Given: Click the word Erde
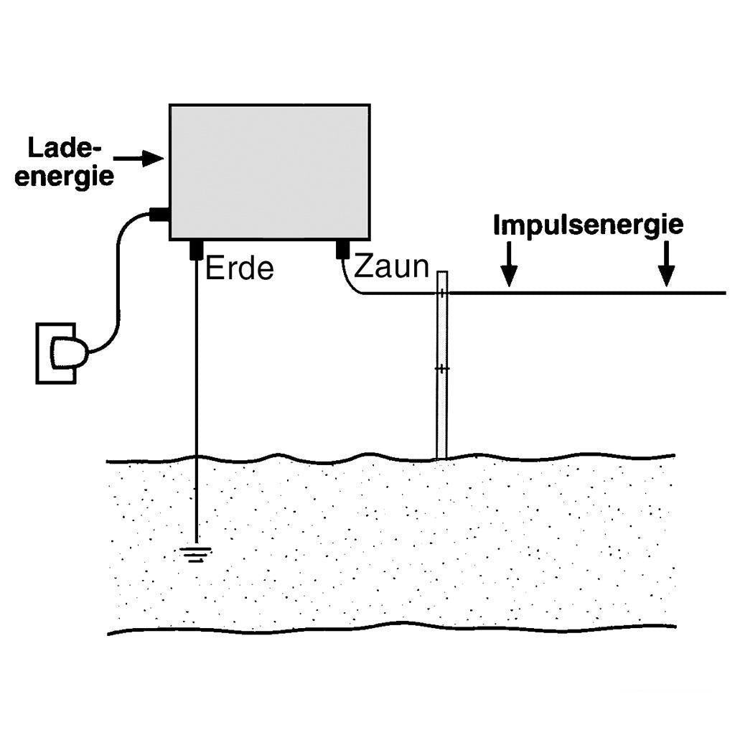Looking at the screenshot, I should (x=240, y=268).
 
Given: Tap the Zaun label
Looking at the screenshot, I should (x=392, y=267).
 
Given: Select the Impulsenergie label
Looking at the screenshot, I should (x=588, y=225).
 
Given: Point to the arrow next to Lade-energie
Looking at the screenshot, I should (x=140, y=158).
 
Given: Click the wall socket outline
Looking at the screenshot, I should (x=56, y=352).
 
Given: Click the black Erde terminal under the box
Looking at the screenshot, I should (x=196, y=251).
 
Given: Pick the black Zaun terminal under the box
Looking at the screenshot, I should (x=342, y=250).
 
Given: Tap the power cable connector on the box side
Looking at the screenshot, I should (x=158, y=213).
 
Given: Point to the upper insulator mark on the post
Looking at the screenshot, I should (x=443, y=293).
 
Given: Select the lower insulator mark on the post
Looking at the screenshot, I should (x=443, y=368).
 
